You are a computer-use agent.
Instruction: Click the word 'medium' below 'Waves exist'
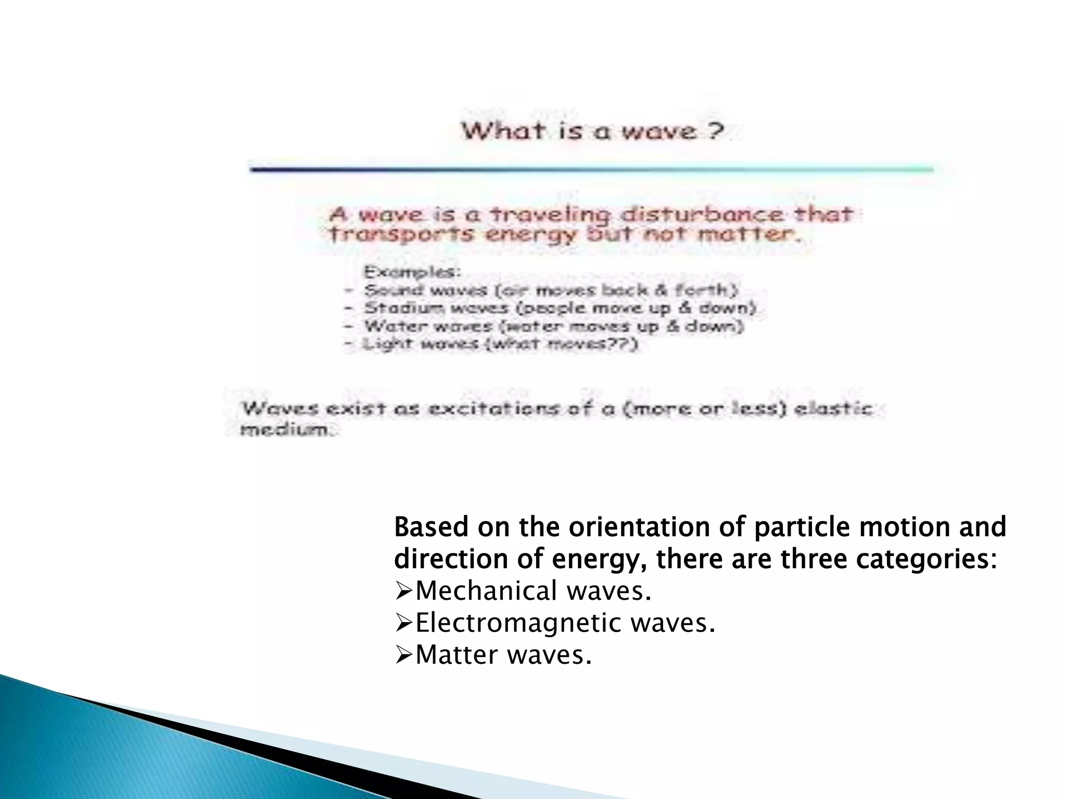click(x=284, y=430)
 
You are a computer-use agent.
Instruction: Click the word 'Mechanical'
click(x=486, y=591)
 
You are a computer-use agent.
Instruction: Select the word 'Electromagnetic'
click(x=518, y=623)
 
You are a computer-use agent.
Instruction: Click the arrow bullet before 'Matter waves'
click(x=404, y=655)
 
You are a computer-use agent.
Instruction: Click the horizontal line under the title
click(x=591, y=169)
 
